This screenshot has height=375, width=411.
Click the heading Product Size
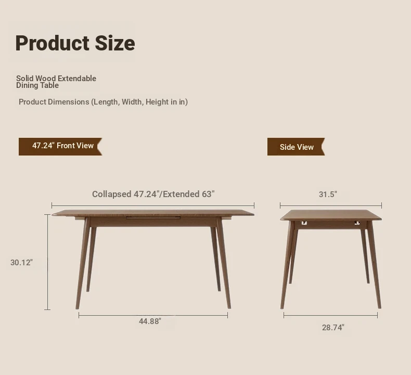pos(75,43)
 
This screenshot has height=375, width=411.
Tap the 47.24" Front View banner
pos(60,147)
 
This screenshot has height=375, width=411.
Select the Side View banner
pos(296,147)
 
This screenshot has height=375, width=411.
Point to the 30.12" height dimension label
pos(21,262)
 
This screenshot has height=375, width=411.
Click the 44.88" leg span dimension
pos(150,321)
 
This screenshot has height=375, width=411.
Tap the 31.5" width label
pos(328,194)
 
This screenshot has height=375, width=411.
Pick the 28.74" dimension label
pos(333,328)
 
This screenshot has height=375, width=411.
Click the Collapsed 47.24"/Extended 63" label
pos(153,194)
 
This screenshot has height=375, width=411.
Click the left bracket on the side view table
pos(304,223)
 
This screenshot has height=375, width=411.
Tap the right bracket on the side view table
pos(357,223)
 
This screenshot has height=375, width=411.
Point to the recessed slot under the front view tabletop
pos(153,218)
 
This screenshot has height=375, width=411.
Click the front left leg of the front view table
pos(83,263)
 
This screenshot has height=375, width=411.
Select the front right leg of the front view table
pos(224,263)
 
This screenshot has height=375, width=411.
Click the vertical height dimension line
pos(47,262)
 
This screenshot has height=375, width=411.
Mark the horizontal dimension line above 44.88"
pos(153,316)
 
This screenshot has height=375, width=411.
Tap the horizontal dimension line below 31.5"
pos(331,205)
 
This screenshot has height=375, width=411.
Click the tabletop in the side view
pos(331,215)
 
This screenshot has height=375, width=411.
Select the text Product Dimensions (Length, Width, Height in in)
pos(104,102)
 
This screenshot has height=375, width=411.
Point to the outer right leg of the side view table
pos(374,265)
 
